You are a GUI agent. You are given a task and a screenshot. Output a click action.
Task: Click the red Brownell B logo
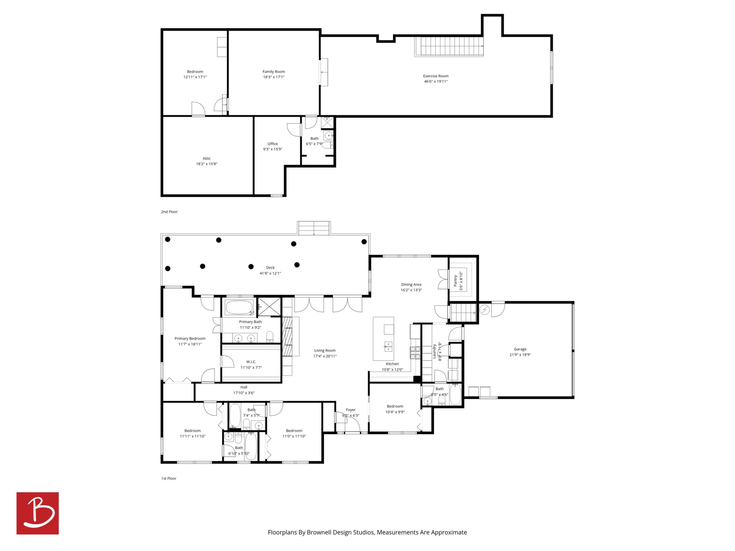pyautogui.click(x=38, y=513)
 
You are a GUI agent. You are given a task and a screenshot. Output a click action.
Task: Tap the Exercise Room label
pyautogui.click(x=436, y=76)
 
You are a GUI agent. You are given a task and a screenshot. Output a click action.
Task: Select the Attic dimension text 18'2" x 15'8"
pyautogui.click(x=206, y=164)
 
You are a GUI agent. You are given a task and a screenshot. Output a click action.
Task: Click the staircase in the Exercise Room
pyautogui.click(x=449, y=47)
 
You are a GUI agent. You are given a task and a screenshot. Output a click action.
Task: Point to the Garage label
pyautogui.click(x=520, y=349)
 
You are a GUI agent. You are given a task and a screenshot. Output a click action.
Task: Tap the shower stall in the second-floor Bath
pyautogui.click(x=327, y=123)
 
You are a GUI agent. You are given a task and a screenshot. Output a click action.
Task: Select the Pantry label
pyautogui.click(x=455, y=281)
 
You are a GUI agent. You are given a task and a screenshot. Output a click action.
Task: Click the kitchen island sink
pyautogui.click(x=388, y=346)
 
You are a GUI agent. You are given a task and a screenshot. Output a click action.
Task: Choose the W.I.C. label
pyautogui.click(x=251, y=362)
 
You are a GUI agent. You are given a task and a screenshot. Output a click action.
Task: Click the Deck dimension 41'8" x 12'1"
pyautogui.click(x=270, y=273)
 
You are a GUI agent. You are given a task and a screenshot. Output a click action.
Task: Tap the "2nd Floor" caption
pyautogui.click(x=169, y=212)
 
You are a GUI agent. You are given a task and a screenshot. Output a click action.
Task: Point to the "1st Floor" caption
pyautogui.click(x=168, y=478)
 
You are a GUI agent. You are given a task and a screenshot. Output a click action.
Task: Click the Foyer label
pyautogui.click(x=350, y=410)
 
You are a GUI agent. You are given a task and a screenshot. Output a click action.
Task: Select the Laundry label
pyautogui.click(x=434, y=351)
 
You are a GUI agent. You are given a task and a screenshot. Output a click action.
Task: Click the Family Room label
pyautogui.click(x=274, y=72)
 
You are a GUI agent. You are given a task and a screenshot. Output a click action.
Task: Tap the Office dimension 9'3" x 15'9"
pyautogui.click(x=272, y=149)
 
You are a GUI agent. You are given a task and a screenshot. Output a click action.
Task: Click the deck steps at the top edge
pyautogui.click(x=314, y=228)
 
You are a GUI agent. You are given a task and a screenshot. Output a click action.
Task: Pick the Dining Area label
pyautogui.click(x=411, y=284)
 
